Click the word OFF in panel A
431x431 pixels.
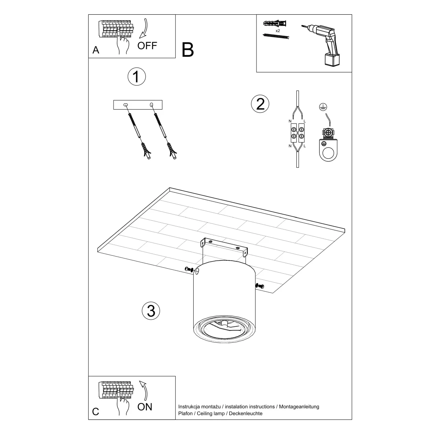[x=147, y=46]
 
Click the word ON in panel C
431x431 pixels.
[x=145, y=407]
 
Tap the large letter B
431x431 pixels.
[x=188, y=50]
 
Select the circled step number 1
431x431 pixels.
[x=136, y=77]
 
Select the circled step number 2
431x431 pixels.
[x=260, y=104]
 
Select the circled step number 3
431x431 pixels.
[x=151, y=311]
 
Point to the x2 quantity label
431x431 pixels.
[x=278, y=31]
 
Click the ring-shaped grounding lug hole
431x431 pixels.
[x=327, y=155]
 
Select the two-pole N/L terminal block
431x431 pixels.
[x=297, y=133]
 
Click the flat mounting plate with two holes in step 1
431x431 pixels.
[x=138, y=105]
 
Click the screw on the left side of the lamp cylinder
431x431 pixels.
[x=189, y=269]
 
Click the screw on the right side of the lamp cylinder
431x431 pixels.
[x=259, y=286]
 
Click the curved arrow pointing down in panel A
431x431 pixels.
[x=144, y=29]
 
